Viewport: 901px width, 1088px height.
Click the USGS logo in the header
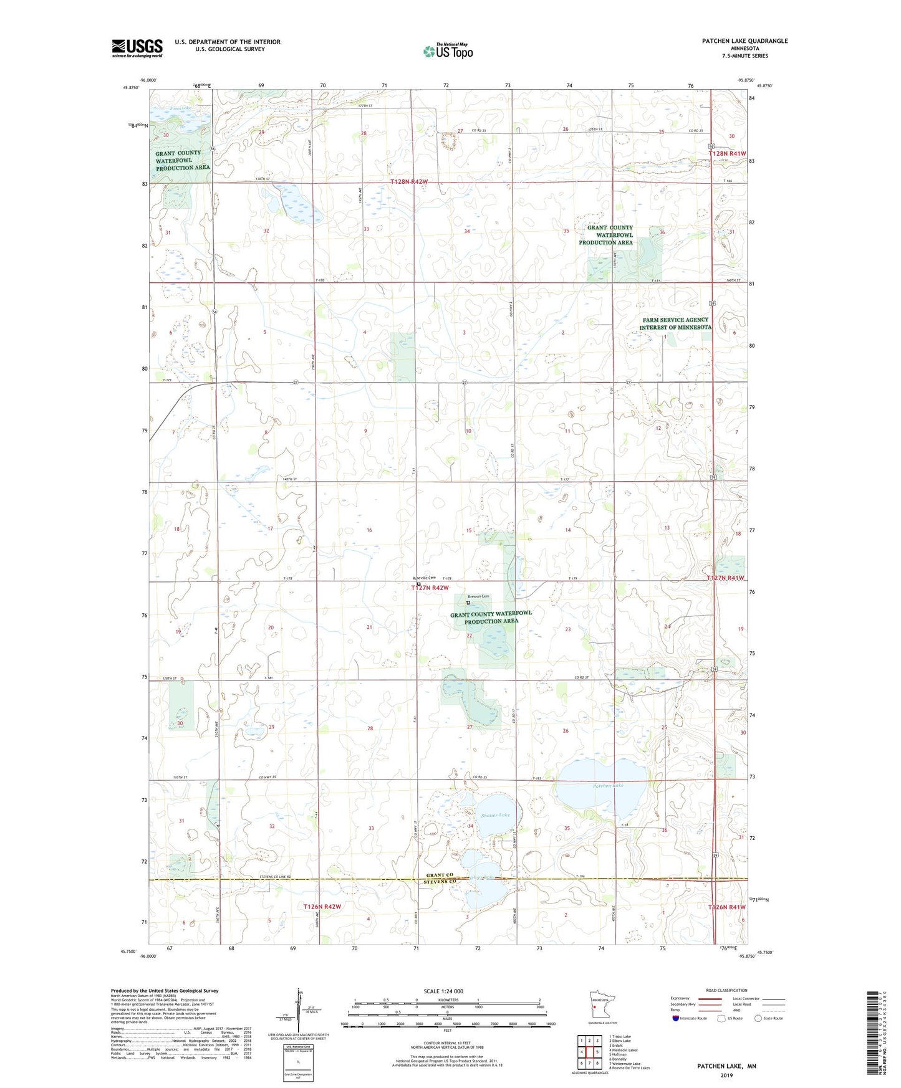[137, 48]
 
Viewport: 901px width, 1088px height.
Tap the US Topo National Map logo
[448, 51]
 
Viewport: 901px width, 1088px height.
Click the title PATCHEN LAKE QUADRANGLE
[744, 41]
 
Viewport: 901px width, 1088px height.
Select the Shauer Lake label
[495, 815]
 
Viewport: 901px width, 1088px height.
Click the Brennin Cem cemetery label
[479, 596]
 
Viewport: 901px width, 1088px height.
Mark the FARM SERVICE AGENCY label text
[675, 320]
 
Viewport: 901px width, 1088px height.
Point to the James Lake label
[180, 108]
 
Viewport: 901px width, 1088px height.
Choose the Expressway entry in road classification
[680, 998]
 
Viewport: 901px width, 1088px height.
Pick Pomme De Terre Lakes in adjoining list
[629, 1067]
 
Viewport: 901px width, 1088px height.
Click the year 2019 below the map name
[726, 1075]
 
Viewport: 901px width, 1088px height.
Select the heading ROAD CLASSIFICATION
[726, 990]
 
